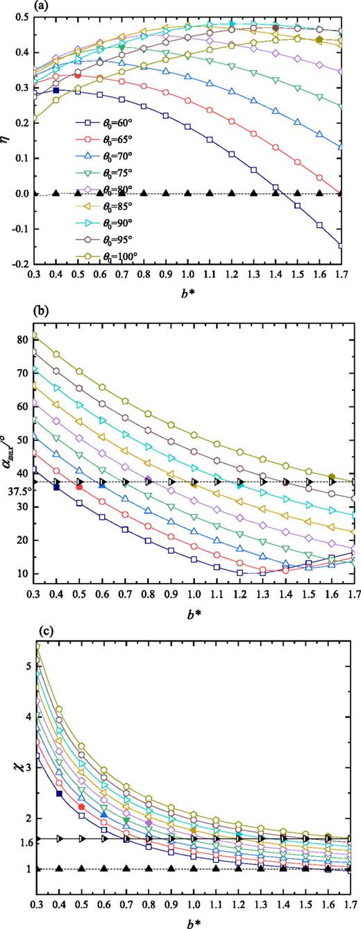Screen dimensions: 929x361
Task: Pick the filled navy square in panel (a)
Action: click(x=56, y=90)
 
